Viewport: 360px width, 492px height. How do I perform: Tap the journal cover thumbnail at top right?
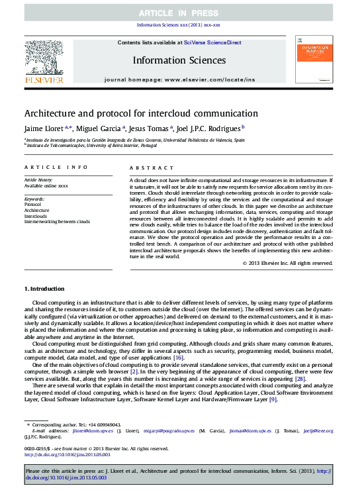coord(314,60)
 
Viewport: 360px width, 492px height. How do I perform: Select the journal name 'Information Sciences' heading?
coord(179,60)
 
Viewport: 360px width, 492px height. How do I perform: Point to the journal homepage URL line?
coord(179,79)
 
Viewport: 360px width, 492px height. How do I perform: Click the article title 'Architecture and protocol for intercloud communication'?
coord(141,113)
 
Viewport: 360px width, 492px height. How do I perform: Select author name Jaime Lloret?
coord(44,128)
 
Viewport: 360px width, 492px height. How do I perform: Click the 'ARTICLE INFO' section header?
coord(56,168)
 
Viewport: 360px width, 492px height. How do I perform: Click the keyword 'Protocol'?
coord(32,205)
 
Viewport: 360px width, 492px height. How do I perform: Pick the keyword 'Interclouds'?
coord(36,216)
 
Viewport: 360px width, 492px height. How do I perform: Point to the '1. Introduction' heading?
coord(44,289)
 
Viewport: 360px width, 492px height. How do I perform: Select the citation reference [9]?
coord(273,399)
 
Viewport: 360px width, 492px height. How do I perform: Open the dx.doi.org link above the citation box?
coord(67,454)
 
